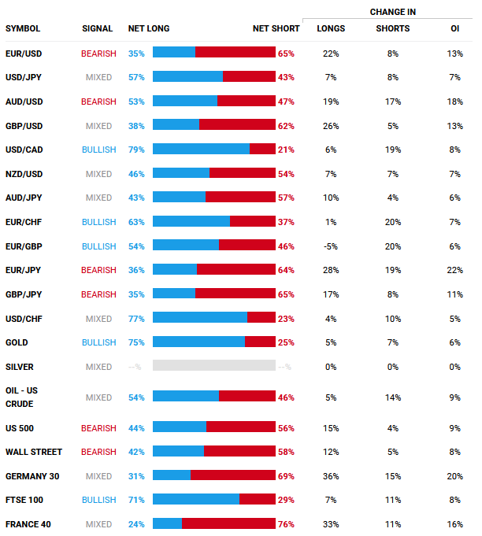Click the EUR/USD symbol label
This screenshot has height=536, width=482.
(x=24, y=54)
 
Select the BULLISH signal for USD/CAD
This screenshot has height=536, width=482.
(x=98, y=150)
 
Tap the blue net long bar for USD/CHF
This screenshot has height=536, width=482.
(x=200, y=319)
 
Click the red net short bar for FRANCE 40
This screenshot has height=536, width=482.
(x=228, y=524)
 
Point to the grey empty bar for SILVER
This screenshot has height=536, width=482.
(x=214, y=367)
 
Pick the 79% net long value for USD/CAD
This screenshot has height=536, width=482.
(x=136, y=150)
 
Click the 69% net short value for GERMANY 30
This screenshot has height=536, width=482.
(x=286, y=476)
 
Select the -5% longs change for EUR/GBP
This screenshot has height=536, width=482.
(x=331, y=246)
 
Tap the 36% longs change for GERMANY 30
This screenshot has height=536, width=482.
(x=331, y=476)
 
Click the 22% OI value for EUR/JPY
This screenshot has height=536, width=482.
(x=455, y=271)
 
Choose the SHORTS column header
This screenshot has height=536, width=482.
(x=393, y=28)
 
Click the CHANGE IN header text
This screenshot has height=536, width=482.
(x=393, y=12)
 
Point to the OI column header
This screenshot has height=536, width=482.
(x=455, y=28)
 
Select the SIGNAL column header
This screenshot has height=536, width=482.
(x=98, y=28)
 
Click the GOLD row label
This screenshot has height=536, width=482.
(x=17, y=342)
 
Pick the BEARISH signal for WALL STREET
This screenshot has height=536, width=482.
(x=98, y=453)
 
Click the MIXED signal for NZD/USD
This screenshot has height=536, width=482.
(x=98, y=174)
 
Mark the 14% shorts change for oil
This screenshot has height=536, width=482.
(x=393, y=397)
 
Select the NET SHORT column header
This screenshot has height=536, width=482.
(x=276, y=28)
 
